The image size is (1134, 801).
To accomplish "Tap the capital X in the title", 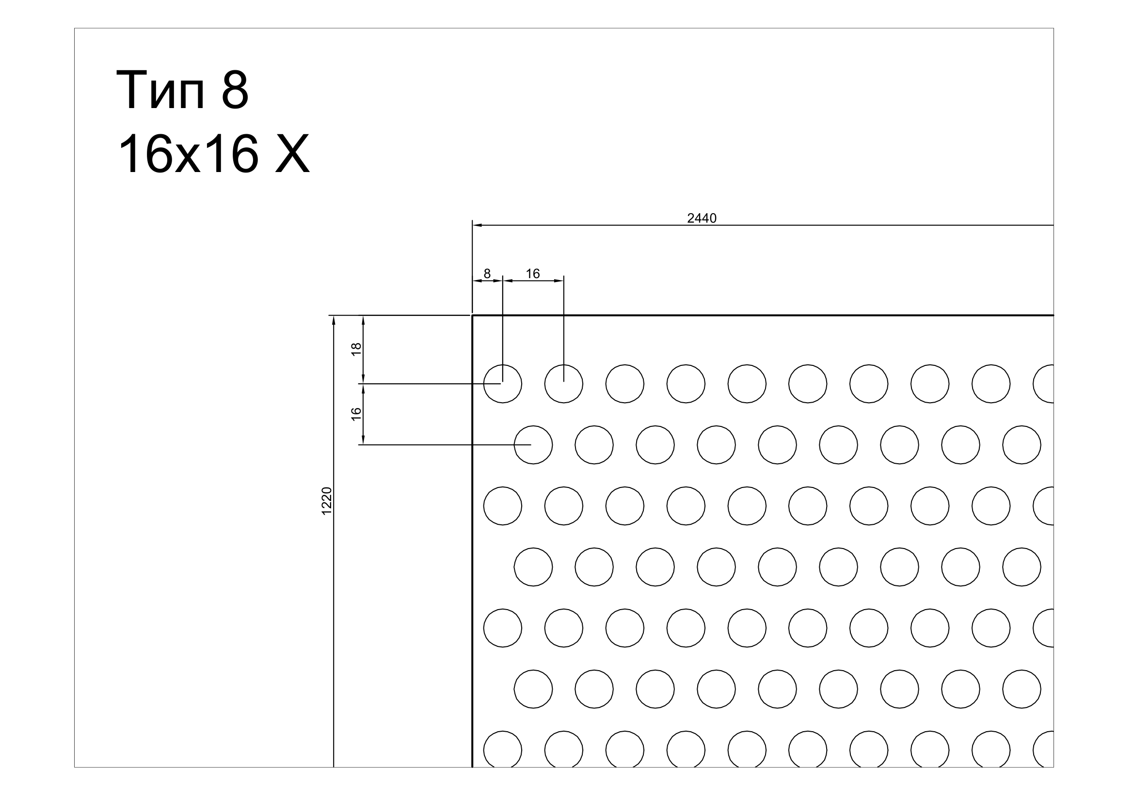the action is tap(292, 154).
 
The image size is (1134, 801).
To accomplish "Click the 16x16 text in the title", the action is tap(188, 154).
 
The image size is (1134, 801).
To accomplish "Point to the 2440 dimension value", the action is tap(702, 218).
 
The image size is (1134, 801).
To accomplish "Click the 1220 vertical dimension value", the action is tap(326, 501).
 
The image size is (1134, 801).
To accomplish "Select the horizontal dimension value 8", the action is tap(487, 273).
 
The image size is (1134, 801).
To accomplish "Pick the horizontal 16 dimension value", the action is tap(533, 273).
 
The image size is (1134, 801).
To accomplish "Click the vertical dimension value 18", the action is tap(356, 349).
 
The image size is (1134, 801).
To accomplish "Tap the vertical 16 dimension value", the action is tap(356, 413).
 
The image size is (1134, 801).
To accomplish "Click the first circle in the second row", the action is tap(533, 426).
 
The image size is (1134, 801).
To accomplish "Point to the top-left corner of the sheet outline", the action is tap(472, 315).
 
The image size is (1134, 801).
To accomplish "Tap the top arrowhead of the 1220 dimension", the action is tap(334, 320).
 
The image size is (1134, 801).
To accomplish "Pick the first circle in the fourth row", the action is tap(533, 549).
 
